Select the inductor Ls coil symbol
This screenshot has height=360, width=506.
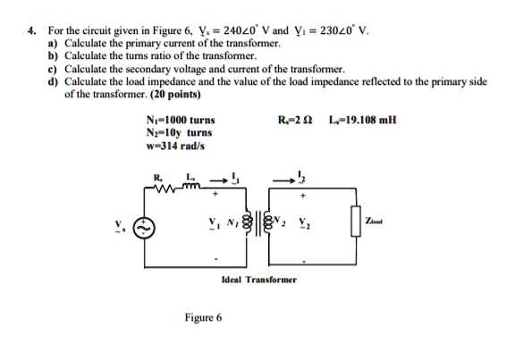[190, 187]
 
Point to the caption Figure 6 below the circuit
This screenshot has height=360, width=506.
[203, 317]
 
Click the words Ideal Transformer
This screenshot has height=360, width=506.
[258, 280]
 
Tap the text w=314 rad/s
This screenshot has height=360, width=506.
[170, 146]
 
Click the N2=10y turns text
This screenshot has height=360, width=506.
[176, 132]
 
